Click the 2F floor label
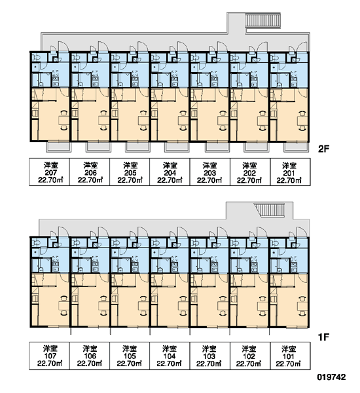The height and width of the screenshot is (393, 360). [323, 149]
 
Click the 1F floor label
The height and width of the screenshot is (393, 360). [323, 337]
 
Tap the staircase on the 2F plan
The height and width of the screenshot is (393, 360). [263, 20]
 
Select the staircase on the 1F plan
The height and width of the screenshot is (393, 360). [270, 210]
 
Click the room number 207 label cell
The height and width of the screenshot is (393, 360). [49, 172]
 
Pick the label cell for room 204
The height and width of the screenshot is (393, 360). [170, 172]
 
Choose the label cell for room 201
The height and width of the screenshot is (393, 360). [290, 172]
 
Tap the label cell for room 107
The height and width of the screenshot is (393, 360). [49, 356]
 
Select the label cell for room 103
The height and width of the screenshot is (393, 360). [209, 356]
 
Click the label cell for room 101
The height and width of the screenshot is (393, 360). [290, 356]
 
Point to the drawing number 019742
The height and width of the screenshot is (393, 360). [331, 377]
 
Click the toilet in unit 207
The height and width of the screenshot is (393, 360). [36, 58]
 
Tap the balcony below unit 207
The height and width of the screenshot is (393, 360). [58, 147]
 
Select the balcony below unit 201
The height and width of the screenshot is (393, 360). [296, 147]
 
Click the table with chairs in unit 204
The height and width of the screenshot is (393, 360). [183, 121]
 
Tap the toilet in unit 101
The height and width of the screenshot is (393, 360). [274, 243]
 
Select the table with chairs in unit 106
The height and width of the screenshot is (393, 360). [103, 306]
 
